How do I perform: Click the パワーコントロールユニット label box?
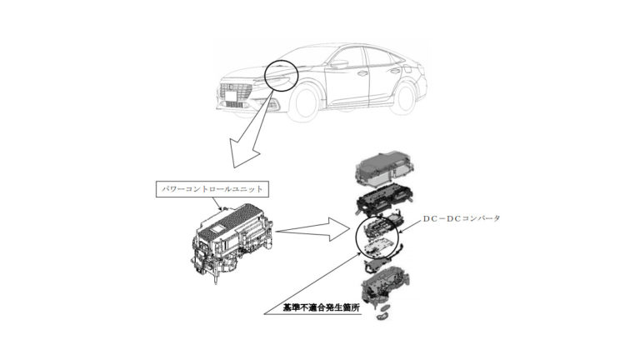(212, 189)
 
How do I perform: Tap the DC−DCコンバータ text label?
(461, 219)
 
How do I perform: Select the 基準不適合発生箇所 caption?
(322, 307)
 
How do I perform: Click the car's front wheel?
(304, 102)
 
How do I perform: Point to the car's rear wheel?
(404, 98)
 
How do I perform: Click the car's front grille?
(236, 91)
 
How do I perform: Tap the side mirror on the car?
(340, 64)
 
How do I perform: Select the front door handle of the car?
(362, 73)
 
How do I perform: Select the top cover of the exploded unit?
(386, 168)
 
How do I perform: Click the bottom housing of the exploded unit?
(386, 284)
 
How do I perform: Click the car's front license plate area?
(232, 97)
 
